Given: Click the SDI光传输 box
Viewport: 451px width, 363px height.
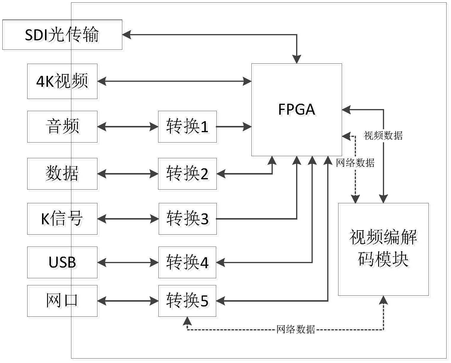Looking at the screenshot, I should [x=62, y=35].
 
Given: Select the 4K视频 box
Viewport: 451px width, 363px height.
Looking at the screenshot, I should [x=62, y=81].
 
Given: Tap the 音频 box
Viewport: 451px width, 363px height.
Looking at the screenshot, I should [x=62, y=127].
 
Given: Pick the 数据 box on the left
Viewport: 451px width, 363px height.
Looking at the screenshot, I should [x=62, y=174].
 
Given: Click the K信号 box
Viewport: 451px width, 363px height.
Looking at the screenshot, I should [x=62, y=219].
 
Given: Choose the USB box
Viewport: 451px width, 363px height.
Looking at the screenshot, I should [x=62, y=263].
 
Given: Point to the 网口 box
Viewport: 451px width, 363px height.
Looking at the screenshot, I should [x=62, y=301].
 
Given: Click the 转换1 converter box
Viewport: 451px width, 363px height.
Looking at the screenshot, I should [x=187, y=127].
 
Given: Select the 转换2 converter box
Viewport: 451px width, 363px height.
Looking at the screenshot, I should [x=187, y=174].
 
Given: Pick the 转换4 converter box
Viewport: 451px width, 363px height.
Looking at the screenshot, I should [x=187, y=263].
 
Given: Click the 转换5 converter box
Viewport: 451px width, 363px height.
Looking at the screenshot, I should [x=187, y=301].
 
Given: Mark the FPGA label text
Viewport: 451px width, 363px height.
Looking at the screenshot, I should [x=297, y=109].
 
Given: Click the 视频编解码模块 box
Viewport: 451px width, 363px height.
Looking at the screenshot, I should [x=383, y=249].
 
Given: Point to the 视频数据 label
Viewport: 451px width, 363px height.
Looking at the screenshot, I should [x=383, y=135].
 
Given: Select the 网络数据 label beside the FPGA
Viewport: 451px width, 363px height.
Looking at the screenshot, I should [x=355, y=163].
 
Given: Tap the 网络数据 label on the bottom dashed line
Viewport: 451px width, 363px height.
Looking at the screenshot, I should [x=296, y=329].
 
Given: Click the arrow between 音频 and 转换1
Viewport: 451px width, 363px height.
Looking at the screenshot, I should [x=128, y=127].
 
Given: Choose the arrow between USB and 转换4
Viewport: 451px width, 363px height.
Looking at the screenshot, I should [x=128, y=263].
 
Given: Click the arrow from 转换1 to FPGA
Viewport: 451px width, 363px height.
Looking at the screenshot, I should [x=234, y=127].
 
